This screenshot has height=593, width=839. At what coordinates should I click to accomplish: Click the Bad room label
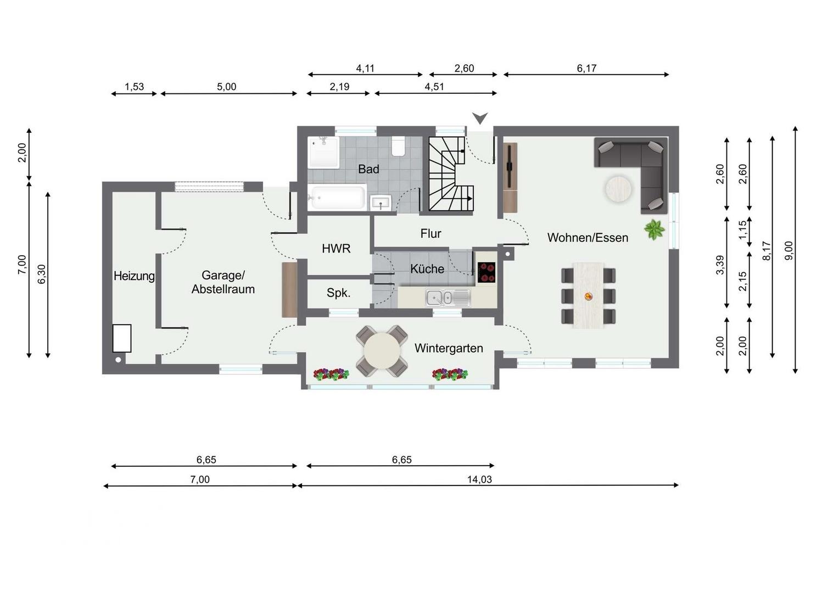[x=368, y=169]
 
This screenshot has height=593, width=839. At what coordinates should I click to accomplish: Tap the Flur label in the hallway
[x=430, y=233]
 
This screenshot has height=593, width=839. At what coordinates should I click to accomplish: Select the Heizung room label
[x=134, y=276]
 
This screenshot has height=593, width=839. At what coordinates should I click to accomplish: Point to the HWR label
[x=336, y=248]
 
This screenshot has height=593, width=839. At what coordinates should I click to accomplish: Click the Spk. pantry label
[x=338, y=293]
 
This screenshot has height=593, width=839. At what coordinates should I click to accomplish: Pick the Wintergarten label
[x=449, y=348]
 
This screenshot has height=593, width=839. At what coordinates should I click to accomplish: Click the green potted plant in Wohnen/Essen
[x=655, y=230]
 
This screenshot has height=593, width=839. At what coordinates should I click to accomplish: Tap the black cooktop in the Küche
[x=486, y=272]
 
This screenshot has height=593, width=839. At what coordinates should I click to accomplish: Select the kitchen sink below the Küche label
[x=448, y=298]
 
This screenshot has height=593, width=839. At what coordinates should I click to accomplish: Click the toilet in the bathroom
[x=398, y=147]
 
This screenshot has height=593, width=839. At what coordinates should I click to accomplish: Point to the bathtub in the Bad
[x=337, y=198]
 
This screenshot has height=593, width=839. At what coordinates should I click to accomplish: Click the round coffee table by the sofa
[x=618, y=189]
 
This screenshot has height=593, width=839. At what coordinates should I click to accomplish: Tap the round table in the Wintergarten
[x=382, y=351]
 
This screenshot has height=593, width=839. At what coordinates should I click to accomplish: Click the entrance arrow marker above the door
[x=480, y=119]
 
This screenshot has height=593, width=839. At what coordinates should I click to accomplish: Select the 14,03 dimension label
[x=479, y=479]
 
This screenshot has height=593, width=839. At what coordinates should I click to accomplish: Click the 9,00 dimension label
[x=788, y=250]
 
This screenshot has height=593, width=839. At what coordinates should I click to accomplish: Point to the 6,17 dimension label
[x=586, y=68]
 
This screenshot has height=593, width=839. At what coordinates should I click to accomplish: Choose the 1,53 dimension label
[x=134, y=87]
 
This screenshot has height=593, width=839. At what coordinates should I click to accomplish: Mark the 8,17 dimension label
[x=766, y=250]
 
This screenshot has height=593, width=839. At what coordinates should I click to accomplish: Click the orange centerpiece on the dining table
[x=588, y=296]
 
